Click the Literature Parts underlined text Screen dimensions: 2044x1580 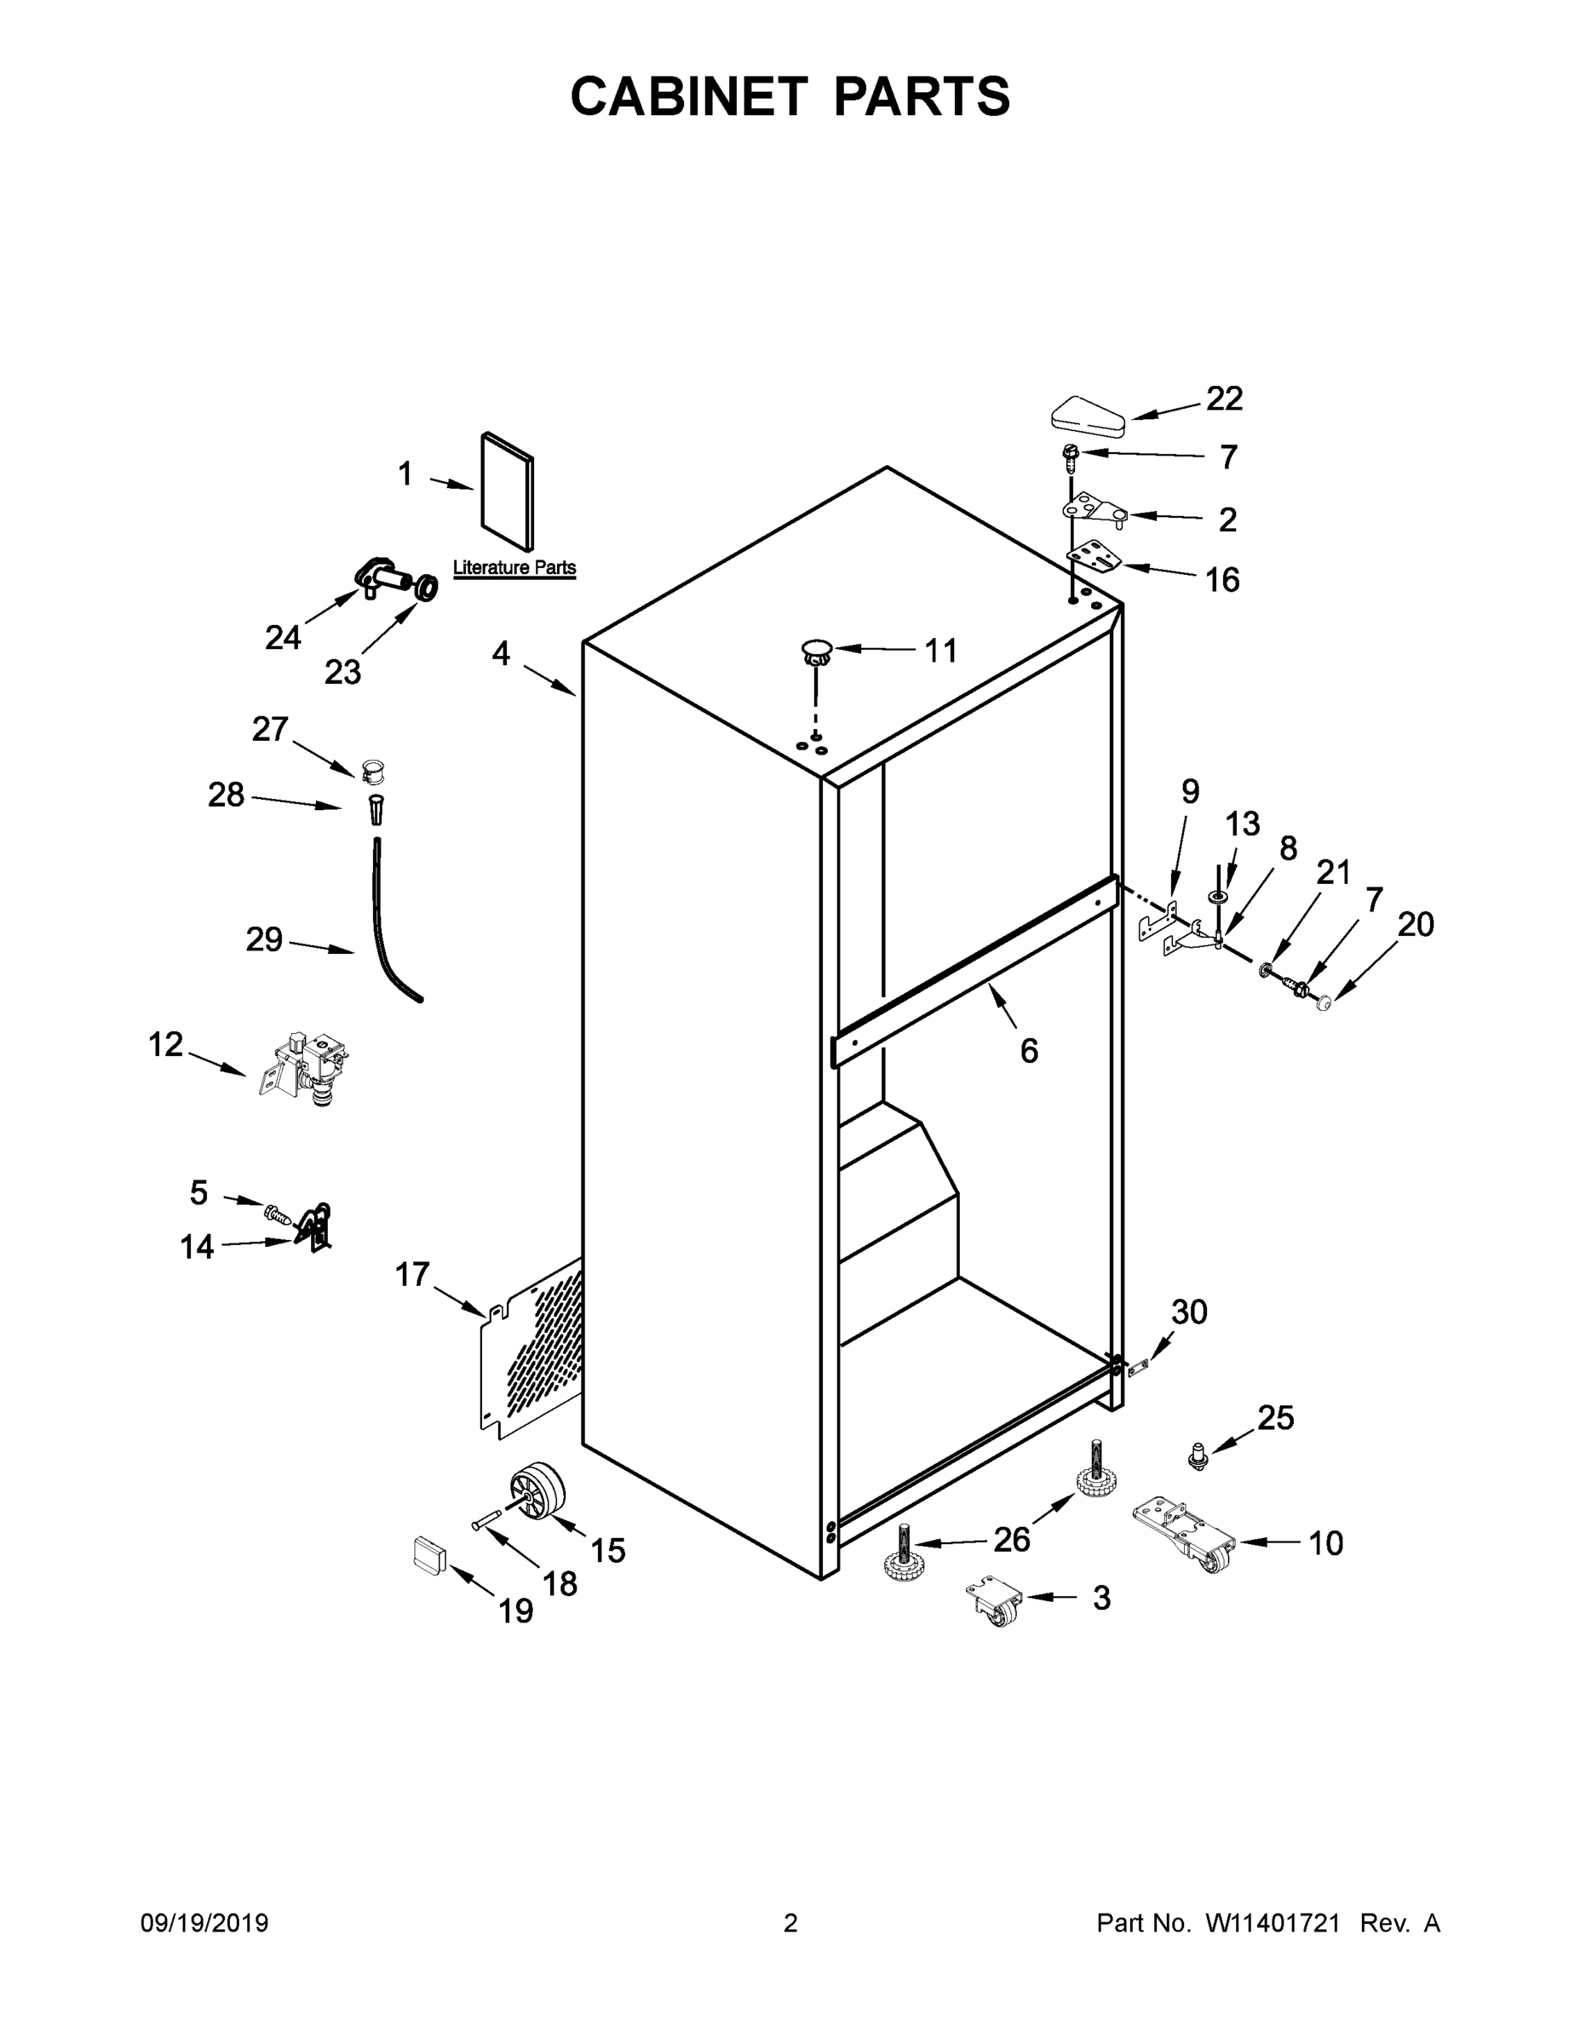pyautogui.click(x=514, y=568)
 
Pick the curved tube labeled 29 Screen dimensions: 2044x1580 pyautogui.click(x=388, y=936)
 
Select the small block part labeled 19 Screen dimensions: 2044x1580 pyautogui.click(x=429, y=1555)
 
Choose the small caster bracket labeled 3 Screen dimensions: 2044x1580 pyautogui.click(x=994, y=1601)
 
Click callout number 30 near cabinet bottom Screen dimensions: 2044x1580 pyautogui.click(x=1189, y=1312)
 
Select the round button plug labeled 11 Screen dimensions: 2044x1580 pyautogui.click(x=816, y=651)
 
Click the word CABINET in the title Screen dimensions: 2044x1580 pyautogui.click(x=689, y=96)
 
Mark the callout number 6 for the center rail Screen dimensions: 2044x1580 pyautogui.click(x=1029, y=1051)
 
